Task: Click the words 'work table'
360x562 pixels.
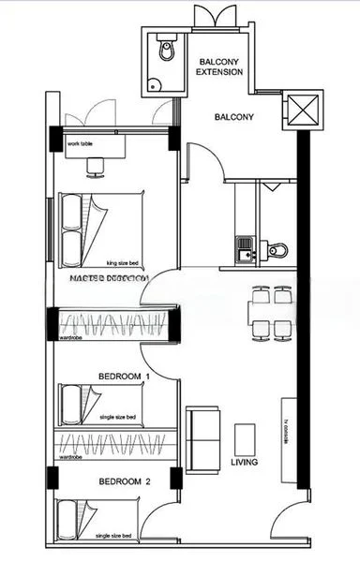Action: (81, 143)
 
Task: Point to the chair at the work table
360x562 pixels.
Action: (96, 166)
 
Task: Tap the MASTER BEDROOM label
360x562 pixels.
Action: (109, 279)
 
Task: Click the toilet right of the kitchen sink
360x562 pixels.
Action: (277, 249)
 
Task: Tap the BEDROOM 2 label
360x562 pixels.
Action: (124, 481)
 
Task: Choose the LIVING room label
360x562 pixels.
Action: (245, 463)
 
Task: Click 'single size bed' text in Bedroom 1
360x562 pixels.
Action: (117, 417)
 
